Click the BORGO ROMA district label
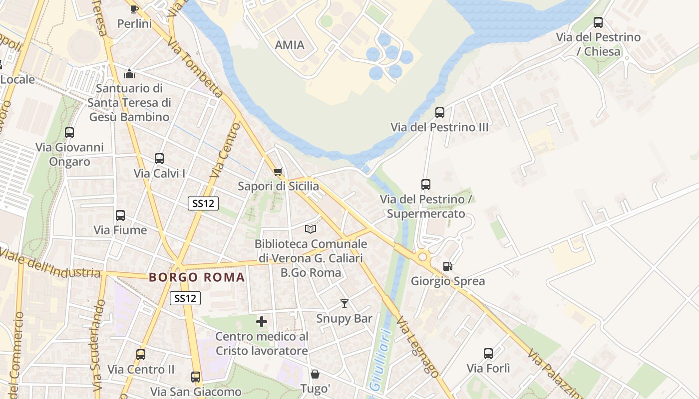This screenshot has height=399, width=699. (197, 277)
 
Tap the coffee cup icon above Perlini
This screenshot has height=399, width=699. (134, 9)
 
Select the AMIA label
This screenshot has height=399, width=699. (290, 45)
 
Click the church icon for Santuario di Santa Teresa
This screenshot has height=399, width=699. (129, 74)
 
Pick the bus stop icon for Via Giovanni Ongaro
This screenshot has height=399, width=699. (69, 133)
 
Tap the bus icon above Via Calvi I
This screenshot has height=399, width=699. (159, 159)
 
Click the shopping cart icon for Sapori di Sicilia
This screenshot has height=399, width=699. (278, 172)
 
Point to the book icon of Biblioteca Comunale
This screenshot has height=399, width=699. (311, 229)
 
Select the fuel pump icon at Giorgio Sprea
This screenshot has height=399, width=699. (448, 266)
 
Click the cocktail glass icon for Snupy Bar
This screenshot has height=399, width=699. (345, 303)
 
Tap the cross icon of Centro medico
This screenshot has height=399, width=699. (262, 322)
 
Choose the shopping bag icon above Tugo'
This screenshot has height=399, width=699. (315, 374)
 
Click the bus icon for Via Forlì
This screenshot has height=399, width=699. (488, 354)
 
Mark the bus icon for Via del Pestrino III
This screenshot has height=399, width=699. (439, 112)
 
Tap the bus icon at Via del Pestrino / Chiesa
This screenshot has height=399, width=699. (598, 22)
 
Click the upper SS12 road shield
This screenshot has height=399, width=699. (203, 203)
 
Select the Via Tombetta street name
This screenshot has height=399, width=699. (195, 67)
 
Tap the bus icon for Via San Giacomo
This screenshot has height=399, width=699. (196, 377)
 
